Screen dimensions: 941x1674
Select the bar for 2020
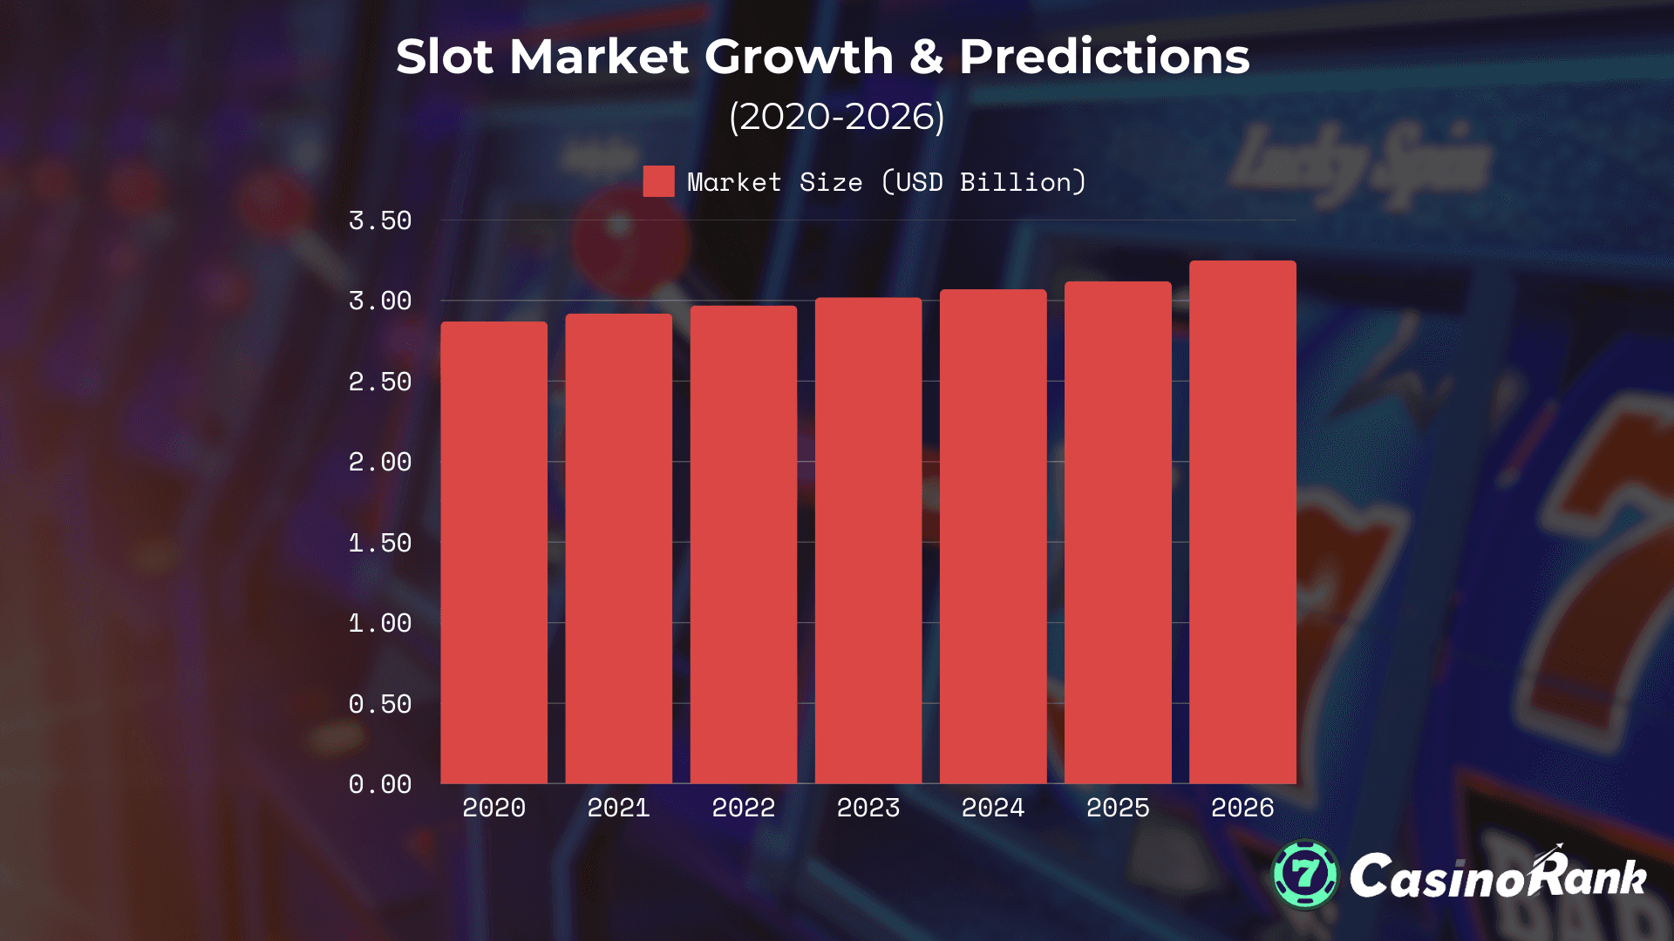pos(493,552)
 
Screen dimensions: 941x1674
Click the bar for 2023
pos(868,540)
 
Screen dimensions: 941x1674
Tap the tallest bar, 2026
pos(1242,522)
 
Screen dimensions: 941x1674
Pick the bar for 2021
pos(618,548)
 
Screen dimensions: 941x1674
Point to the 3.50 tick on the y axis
pos(380,221)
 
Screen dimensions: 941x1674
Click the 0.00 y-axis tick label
pos(380,784)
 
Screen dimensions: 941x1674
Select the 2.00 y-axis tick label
pos(380,462)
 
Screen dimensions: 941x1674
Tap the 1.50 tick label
pos(380,543)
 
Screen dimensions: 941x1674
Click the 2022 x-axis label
pos(743,808)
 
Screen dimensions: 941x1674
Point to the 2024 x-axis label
pos(993,808)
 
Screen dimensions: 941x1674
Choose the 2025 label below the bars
pos(1118,808)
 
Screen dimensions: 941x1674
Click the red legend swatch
pos(658,181)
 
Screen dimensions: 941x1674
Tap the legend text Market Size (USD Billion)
pos(887,182)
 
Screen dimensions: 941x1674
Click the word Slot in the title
pos(445,58)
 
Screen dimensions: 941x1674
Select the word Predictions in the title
pos(1104,58)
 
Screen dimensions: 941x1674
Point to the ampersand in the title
pos(926,58)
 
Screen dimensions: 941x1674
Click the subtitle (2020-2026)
pos(837,117)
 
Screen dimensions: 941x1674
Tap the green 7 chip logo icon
pos(1304,874)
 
